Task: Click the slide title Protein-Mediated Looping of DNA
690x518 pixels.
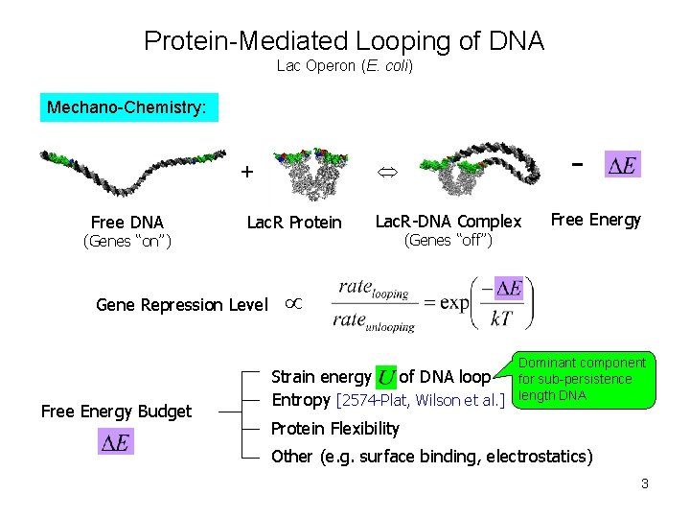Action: (344, 41)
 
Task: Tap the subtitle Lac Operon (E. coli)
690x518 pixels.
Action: (344, 66)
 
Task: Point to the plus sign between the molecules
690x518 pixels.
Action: (247, 173)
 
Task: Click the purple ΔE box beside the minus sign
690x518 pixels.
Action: (623, 165)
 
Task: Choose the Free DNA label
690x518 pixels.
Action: (127, 223)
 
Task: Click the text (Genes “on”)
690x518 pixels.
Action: (127, 241)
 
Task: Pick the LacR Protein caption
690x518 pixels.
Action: (294, 223)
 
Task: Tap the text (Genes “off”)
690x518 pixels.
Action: (448, 240)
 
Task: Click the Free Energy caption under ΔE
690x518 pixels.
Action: (596, 220)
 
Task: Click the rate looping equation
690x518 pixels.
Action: (432, 304)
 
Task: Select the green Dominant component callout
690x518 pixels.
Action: (583, 379)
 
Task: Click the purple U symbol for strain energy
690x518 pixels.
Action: (387, 377)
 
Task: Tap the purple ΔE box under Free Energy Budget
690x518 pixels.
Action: (116, 441)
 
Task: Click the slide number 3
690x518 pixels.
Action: (645, 483)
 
